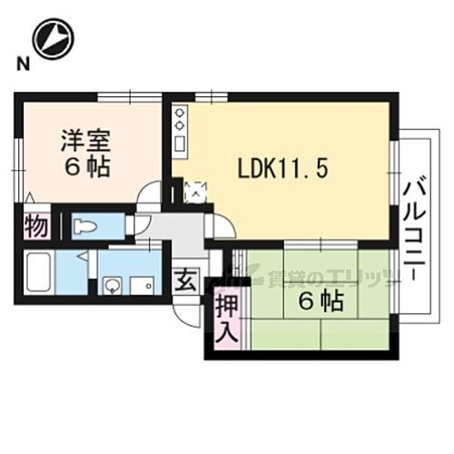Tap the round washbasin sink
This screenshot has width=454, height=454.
click(x=111, y=288)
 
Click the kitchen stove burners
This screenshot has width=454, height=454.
click(x=180, y=120)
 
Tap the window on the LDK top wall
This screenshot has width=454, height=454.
click(x=211, y=95)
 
